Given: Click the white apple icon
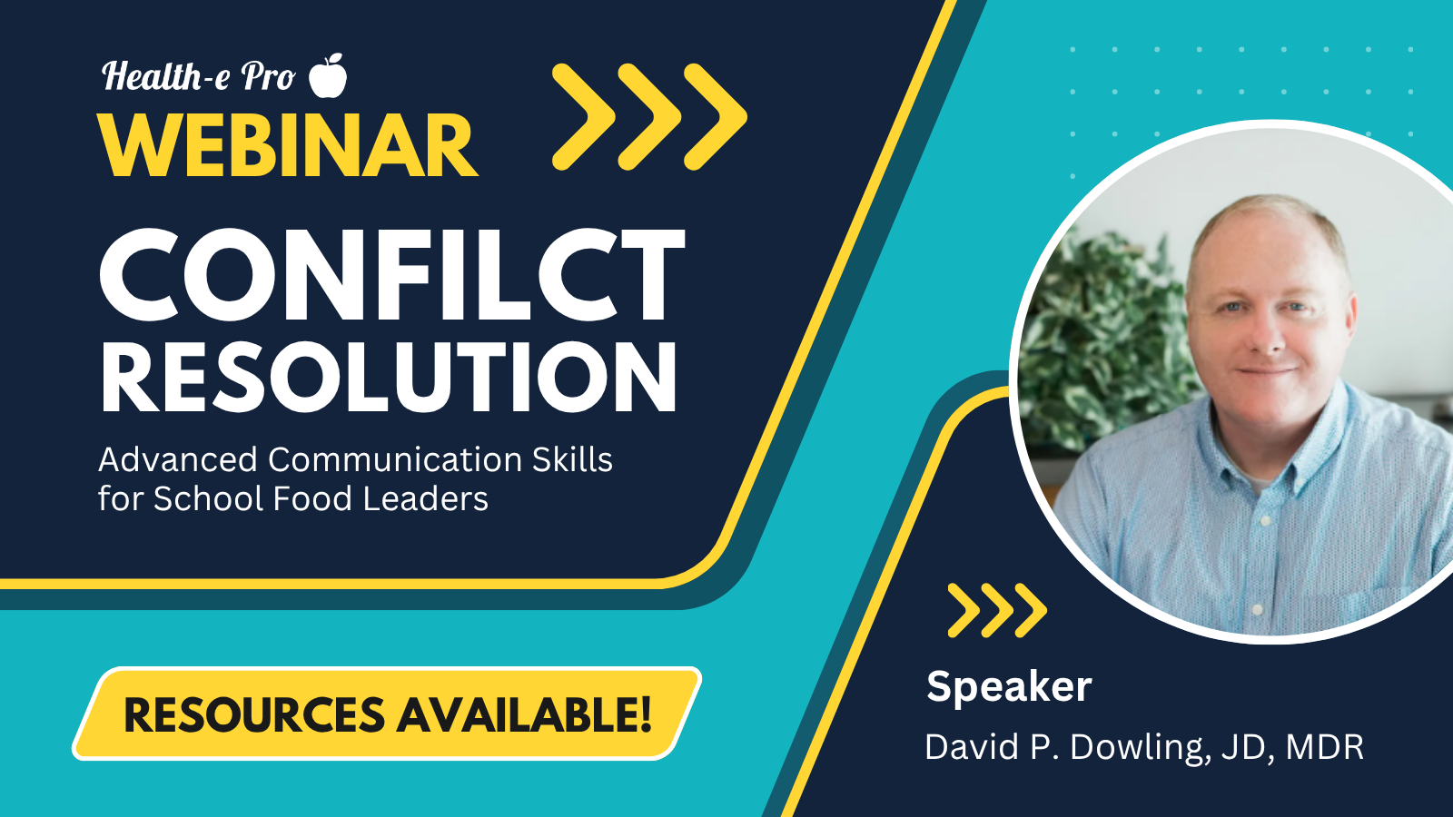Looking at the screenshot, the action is pyautogui.click(x=328, y=76).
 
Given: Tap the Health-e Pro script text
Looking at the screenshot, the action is pyautogui.click(x=199, y=76).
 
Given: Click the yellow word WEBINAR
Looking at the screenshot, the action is pyautogui.click(x=287, y=145).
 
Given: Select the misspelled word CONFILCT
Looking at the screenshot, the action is pyautogui.click(x=391, y=275).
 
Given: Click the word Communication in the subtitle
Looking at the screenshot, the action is pyautogui.click(x=394, y=459).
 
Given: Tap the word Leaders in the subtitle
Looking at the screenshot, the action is pyautogui.click(x=426, y=498).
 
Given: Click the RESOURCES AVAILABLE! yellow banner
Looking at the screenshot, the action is pyautogui.click(x=387, y=714).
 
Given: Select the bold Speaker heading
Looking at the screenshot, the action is pyautogui.click(x=1009, y=686).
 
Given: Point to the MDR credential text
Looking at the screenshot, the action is pyautogui.click(x=1325, y=747).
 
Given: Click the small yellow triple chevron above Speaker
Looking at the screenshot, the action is pyautogui.click(x=997, y=610).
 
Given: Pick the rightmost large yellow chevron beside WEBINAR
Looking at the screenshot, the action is pyautogui.click(x=716, y=117).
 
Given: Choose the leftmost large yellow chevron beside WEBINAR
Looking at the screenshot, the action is pyautogui.click(x=584, y=117).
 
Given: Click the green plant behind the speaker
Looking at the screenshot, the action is pyautogui.click(x=1102, y=337).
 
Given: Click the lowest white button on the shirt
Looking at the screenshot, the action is pyautogui.click(x=1257, y=609).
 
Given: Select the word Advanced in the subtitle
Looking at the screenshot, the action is pyautogui.click(x=178, y=459).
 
